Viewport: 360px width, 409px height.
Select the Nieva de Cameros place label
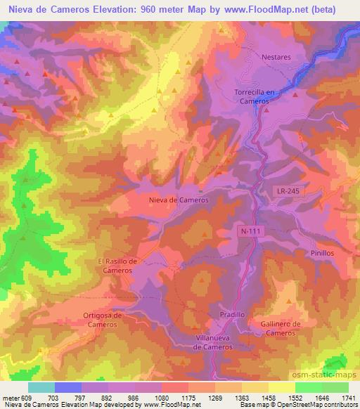tap(179, 200)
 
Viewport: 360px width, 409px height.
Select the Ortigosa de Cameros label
tap(103, 320)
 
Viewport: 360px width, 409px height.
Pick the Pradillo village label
tap(231, 315)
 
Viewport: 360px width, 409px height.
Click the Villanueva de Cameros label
tap(218, 342)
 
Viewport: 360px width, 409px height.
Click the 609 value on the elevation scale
tap(26, 397)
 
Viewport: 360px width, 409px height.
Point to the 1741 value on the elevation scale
tap(349, 397)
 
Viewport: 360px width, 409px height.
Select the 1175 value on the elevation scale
tap(171, 397)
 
